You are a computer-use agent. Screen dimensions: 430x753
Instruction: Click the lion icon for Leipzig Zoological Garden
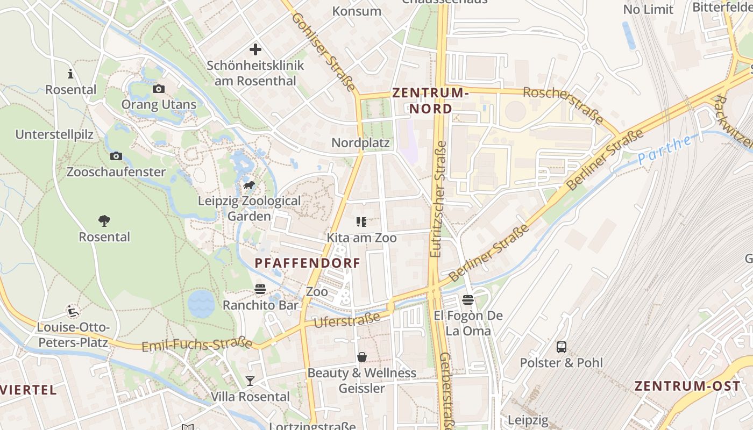tap(249, 186)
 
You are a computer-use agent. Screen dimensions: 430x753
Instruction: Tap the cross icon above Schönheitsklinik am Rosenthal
tap(255, 50)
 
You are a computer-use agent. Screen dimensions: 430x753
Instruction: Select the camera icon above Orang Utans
tap(159, 89)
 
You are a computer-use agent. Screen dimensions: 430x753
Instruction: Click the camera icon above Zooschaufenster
tap(116, 156)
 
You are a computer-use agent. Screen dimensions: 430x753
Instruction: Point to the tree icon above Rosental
tap(104, 221)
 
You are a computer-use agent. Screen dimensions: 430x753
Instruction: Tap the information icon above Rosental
tap(70, 74)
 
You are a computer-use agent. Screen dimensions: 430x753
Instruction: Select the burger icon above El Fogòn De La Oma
tap(468, 300)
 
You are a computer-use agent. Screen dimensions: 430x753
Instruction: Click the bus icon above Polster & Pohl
tap(562, 347)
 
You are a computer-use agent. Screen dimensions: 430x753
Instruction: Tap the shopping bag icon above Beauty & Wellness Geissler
tap(362, 357)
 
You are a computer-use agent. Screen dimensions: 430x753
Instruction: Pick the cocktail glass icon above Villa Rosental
tap(250, 381)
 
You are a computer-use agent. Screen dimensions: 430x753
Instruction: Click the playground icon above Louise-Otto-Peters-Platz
tap(73, 311)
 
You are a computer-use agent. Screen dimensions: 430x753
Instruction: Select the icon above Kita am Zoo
tap(361, 222)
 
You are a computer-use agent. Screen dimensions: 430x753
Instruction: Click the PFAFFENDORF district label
tap(307, 263)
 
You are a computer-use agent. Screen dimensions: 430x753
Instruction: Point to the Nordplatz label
tap(360, 143)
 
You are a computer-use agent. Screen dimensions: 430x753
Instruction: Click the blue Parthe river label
tap(665, 150)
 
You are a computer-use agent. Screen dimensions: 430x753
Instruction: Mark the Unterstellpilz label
tap(54, 134)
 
